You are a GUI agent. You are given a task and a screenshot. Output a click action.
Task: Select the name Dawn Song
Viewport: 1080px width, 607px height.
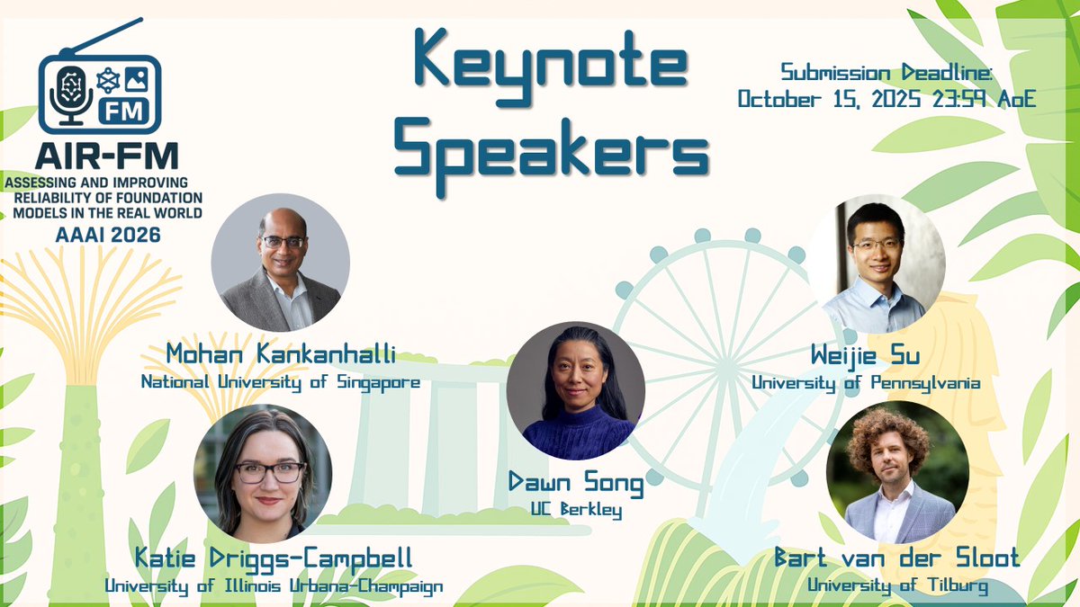coord(575,486)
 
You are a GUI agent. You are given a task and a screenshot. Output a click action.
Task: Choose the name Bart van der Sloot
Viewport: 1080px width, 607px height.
coord(896,558)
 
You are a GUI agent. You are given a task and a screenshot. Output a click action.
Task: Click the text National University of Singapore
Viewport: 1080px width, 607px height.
coord(281,382)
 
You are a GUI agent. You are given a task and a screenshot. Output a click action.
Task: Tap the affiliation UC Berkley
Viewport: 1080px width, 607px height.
coord(576,511)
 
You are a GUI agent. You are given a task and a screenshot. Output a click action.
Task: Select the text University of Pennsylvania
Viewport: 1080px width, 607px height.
coord(866,382)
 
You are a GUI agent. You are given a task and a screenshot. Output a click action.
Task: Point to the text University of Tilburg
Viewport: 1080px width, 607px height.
coord(897,586)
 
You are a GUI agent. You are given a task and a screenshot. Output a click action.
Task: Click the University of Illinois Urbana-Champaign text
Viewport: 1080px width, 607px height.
coord(274,586)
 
